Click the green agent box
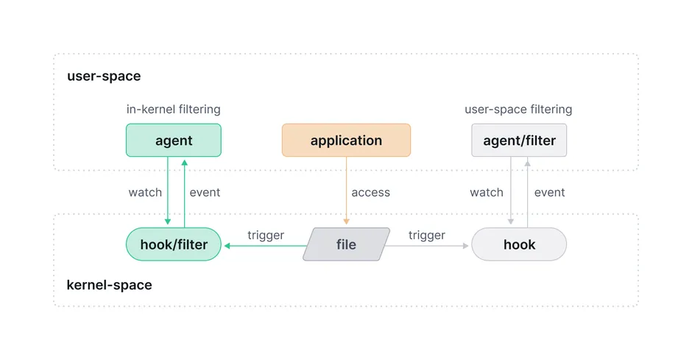coord(173,140)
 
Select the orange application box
coord(346,140)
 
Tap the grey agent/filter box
coord(519,140)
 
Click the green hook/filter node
coord(173,244)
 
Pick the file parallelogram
coord(346,244)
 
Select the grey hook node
coord(519,244)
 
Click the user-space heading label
coord(104,77)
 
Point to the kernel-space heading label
coord(109,285)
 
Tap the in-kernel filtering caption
coord(173,110)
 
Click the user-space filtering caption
coord(518,110)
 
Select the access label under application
coord(370,193)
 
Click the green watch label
coord(145,193)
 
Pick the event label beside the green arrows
coord(205,193)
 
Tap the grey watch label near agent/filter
coord(487,193)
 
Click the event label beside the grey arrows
coord(549,193)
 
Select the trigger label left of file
coord(266,236)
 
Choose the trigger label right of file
coord(427,236)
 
